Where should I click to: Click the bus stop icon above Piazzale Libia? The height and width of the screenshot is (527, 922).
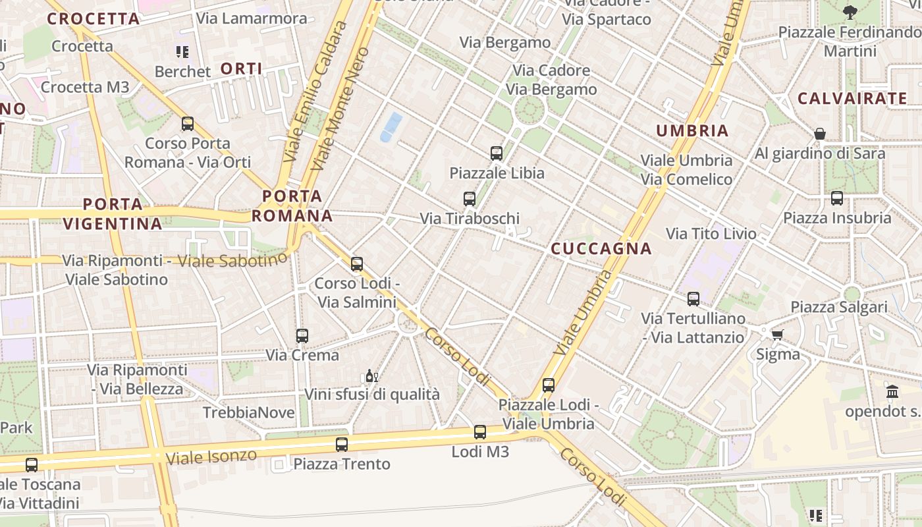497,153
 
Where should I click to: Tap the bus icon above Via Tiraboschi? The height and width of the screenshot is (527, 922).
470,198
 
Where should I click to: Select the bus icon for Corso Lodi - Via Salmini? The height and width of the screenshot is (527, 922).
357,264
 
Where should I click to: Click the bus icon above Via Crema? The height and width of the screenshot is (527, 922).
302,336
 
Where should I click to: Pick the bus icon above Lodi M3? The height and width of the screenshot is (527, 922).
480,432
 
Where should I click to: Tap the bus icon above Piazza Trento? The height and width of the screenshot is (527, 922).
341,445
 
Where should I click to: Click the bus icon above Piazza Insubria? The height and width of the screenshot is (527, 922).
837,198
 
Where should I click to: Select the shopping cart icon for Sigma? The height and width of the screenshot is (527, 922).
778,335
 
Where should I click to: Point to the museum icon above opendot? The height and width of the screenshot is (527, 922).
892,392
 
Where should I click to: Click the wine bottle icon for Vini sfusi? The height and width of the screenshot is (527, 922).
371,376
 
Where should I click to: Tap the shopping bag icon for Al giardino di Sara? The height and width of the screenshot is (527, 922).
820,134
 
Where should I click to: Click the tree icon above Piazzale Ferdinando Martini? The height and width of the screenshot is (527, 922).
850,12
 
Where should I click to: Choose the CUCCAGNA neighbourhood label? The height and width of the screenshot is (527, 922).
601,249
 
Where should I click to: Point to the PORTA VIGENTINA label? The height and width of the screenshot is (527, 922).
113,213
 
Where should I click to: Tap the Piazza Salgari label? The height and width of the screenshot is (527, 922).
839,307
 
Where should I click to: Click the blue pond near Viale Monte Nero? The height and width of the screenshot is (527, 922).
391,127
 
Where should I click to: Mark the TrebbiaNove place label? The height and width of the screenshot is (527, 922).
249,412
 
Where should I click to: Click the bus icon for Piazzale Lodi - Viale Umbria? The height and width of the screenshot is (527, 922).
549,385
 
